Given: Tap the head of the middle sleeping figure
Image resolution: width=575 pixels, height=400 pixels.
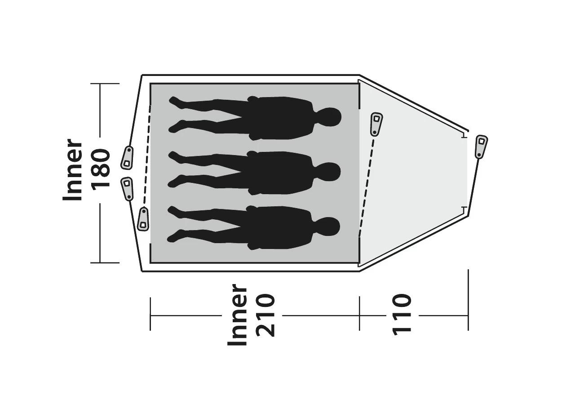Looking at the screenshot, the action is click(x=328, y=172).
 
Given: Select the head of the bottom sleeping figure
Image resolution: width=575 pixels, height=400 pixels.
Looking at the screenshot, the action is click(x=327, y=227).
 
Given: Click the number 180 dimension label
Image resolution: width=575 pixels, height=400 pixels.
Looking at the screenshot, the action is click(x=101, y=170).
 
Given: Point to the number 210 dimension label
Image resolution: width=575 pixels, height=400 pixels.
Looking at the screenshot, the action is click(x=265, y=315).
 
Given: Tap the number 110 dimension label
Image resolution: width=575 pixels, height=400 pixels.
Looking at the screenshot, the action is click(x=402, y=315).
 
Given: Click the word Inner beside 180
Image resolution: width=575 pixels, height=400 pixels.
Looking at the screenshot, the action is click(x=72, y=170).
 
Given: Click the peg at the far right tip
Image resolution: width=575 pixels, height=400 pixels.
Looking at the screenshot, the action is click(x=481, y=147).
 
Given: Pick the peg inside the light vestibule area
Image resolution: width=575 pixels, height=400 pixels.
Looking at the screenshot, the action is click(x=376, y=124).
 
